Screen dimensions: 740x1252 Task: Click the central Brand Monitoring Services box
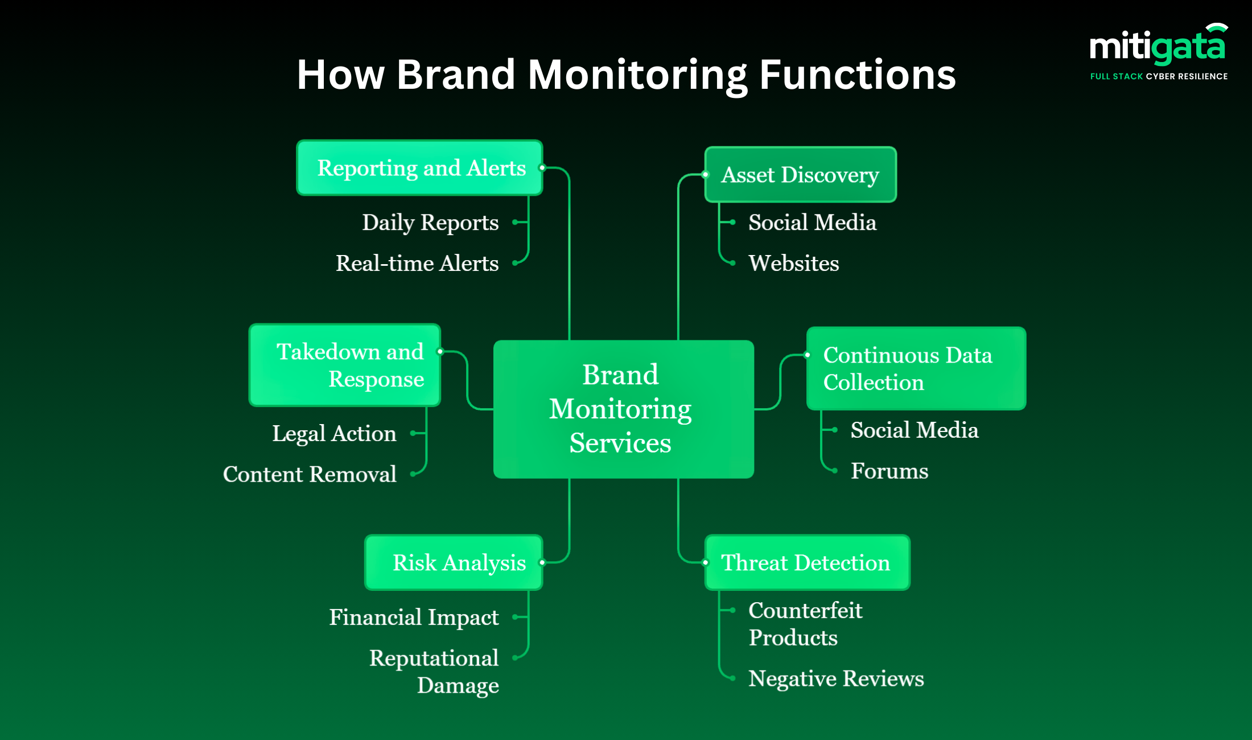click(x=623, y=409)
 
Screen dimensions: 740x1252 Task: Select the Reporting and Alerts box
click(x=419, y=168)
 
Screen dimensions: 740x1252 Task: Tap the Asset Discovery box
click(x=800, y=175)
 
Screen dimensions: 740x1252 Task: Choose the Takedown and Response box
click(x=345, y=365)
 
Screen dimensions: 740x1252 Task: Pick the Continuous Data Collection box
click(x=916, y=368)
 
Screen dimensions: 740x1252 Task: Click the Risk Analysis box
click(x=454, y=562)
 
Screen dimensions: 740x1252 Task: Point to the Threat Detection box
click(x=806, y=562)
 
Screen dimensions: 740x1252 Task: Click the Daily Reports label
click(x=430, y=223)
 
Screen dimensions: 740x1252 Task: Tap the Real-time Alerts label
click(x=417, y=264)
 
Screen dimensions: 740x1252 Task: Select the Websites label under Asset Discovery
click(x=793, y=264)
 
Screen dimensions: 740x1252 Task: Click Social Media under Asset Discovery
click(x=812, y=223)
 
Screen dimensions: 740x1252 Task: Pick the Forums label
click(x=889, y=471)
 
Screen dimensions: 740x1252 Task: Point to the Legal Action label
click(x=334, y=434)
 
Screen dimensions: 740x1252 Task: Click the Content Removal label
click(x=310, y=475)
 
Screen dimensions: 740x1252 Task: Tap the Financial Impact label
click(x=414, y=618)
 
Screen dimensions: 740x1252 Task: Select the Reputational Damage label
click(x=434, y=672)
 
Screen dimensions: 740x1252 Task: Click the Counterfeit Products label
click(x=805, y=624)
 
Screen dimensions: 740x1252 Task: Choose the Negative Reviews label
click(x=835, y=679)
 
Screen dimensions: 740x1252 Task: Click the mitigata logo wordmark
click(x=1157, y=47)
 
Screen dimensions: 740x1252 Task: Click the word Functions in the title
click(x=857, y=75)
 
